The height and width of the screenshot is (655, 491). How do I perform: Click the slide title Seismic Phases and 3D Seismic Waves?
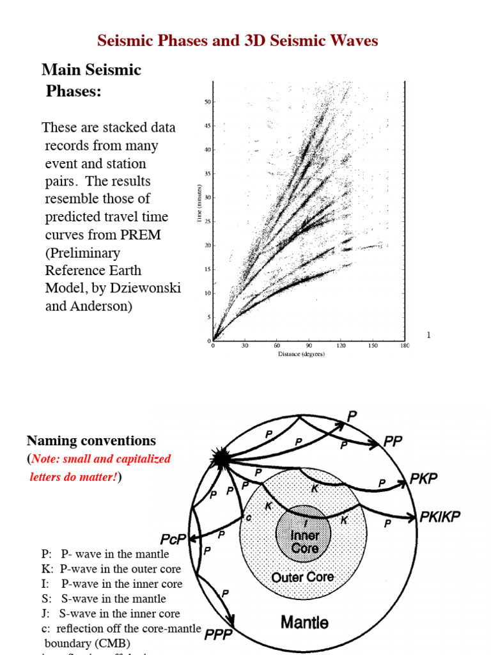click(x=237, y=41)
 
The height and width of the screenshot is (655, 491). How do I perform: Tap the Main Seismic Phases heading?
click(x=91, y=80)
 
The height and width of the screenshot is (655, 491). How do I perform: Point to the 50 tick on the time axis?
click(x=208, y=102)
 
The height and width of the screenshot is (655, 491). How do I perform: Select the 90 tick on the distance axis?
click(x=309, y=347)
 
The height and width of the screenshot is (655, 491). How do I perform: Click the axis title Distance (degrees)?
click(x=300, y=354)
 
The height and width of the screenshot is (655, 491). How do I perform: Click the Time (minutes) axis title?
click(x=200, y=205)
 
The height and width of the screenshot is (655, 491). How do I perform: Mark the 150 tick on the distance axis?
click(x=372, y=347)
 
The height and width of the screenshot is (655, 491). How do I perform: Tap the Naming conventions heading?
click(x=91, y=441)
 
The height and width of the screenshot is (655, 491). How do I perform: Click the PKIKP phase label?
click(x=440, y=517)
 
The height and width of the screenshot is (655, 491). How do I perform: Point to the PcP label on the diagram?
click(x=173, y=540)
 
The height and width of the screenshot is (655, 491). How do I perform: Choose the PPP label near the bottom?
click(x=217, y=635)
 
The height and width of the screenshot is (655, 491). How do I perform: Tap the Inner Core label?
click(x=304, y=541)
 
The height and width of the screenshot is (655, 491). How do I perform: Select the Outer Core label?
click(x=302, y=578)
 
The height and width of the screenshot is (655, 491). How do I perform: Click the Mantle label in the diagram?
click(x=305, y=621)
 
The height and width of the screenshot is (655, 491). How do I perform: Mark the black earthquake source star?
click(x=221, y=458)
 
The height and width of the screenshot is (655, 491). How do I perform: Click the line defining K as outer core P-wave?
click(x=111, y=569)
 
